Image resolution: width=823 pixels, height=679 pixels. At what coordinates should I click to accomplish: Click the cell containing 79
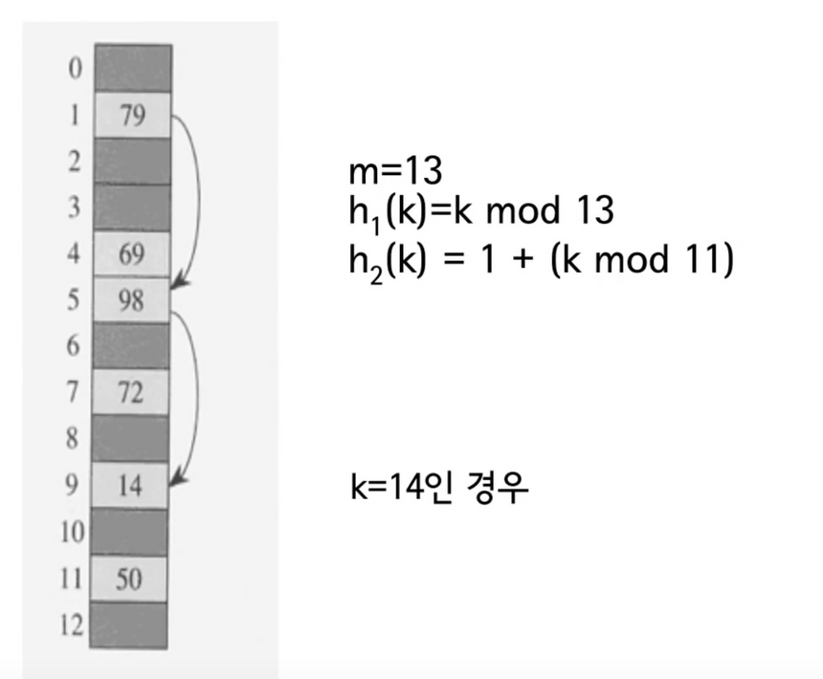tap(131, 115)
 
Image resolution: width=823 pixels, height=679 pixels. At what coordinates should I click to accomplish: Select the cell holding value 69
tap(131, 254)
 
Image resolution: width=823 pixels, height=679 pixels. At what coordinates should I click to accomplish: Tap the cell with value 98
tap(131, 301)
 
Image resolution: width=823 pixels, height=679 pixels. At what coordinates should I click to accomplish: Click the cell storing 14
tap(131, 487)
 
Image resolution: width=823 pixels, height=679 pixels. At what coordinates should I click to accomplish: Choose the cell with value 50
tap(131, 579)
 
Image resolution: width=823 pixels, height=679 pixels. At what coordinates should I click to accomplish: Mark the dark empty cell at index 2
tap(131, 162)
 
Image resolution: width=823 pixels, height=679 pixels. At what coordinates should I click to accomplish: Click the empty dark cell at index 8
tap(131, 440)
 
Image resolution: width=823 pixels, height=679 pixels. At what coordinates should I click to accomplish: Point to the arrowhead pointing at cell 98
tap(177, 286)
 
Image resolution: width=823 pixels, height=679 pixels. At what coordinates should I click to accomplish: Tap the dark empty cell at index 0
tap(131, 69)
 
